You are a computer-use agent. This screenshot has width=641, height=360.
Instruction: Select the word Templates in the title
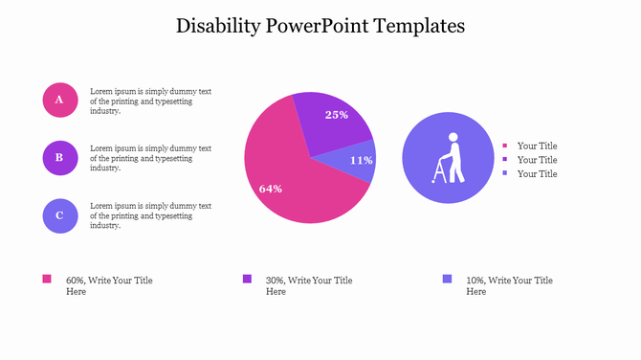click(415, 26)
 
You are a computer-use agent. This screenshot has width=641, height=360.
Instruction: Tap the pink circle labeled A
click(59, 100)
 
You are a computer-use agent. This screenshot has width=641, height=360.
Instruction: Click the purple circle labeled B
click(59, 158)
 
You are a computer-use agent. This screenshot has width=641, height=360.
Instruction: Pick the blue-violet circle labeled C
click(59, 215)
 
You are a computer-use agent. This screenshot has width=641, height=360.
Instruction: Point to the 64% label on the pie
click(271, 189)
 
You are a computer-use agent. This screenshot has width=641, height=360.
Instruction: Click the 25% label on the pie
click(337, 115)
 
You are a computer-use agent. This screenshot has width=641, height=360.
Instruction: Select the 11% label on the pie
click(361, 160)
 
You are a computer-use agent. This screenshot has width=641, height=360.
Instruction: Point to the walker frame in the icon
click(440, 170)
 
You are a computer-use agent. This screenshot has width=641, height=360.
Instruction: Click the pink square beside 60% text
click(47, 279)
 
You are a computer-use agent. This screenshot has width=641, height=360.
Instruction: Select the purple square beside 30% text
click(247, 279)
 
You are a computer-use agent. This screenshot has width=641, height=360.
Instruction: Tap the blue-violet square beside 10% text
click(447, 279)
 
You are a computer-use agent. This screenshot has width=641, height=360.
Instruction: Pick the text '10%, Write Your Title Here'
click(508, 285)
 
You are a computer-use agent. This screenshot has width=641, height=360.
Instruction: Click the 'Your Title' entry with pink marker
click(537, 146)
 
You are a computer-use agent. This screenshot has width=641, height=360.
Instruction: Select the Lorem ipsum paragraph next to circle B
click(150, 158)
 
